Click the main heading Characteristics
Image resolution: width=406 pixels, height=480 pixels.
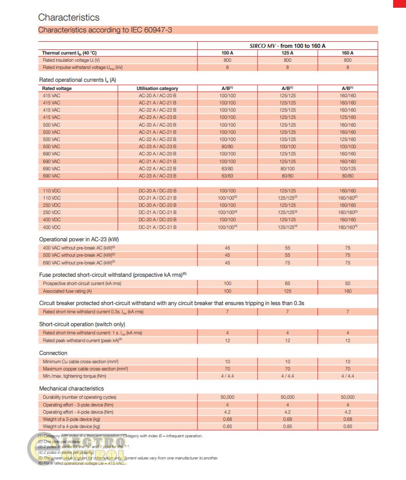click(69, 17)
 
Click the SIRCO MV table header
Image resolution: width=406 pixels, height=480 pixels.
click(287, 46)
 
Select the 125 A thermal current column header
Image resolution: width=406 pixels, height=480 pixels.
click(287, 53)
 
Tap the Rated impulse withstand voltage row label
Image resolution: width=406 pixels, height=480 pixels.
click(83, 67)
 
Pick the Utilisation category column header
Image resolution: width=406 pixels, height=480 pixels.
click(157, 88)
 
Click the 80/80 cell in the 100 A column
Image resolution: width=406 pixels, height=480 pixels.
click(227, 147)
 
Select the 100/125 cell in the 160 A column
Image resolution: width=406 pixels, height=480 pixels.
click(347, 169)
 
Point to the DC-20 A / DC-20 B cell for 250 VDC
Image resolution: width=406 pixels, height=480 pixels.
click(157, 205)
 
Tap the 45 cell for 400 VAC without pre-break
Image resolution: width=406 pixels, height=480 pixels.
click(227, 248)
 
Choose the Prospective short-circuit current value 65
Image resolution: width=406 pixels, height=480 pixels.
click(287, 283)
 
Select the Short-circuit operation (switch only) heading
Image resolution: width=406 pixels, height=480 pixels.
click(82, 324)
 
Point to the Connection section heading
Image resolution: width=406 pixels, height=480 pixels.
click(53, 353)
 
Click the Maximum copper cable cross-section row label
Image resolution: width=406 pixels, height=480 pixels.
click(85, 369)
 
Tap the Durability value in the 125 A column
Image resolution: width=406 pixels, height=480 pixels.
click(287, 397)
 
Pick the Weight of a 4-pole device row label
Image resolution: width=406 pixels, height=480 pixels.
click(71, 426)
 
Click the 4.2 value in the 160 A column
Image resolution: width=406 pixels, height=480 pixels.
click(347, 412)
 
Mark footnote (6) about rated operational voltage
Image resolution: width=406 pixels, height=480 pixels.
click(82, 463)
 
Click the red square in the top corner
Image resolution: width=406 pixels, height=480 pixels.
click(399, 4)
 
